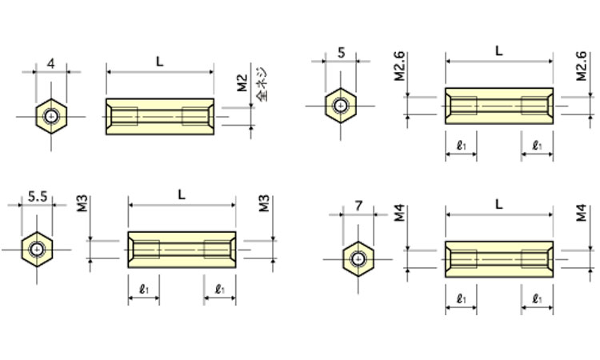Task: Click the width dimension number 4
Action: pos(51,62)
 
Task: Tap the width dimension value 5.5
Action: pos(37,195)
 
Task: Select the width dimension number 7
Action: pos(358,206)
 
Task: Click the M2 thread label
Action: pos(242,82)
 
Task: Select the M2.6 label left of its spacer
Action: pos(400,68)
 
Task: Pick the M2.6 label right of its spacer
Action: pos(582,68)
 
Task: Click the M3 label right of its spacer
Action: pos(264,203)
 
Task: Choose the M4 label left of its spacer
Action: pos(401,214)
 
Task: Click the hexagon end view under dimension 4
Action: pos(51,117)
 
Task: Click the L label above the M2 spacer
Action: pos(160,61)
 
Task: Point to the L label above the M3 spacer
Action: pos(182,194)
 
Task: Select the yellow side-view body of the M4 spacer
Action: pos(499,258)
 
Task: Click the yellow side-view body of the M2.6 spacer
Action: pos(499,106)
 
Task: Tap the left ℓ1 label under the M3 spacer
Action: pos(143,289)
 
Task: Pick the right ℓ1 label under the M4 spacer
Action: pos(537,298)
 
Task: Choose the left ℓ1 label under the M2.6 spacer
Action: pos(461,145)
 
